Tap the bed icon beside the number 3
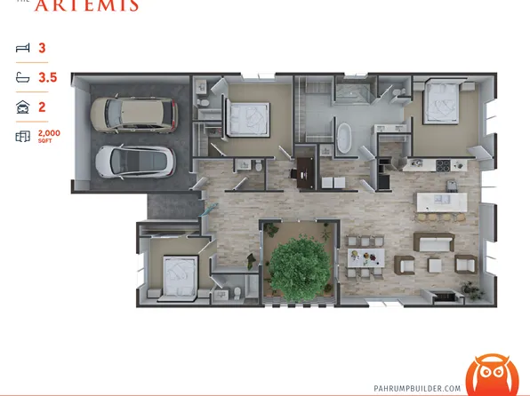tap(22, 49)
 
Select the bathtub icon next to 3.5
tap(22, 78)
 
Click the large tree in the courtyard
tap(298, 265)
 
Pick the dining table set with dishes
tap(366, 254)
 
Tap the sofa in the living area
tap(435, 242)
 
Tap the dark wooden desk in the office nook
tap(305, 166)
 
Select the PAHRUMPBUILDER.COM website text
tap(418, 388)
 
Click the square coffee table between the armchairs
tap(436, 265)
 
